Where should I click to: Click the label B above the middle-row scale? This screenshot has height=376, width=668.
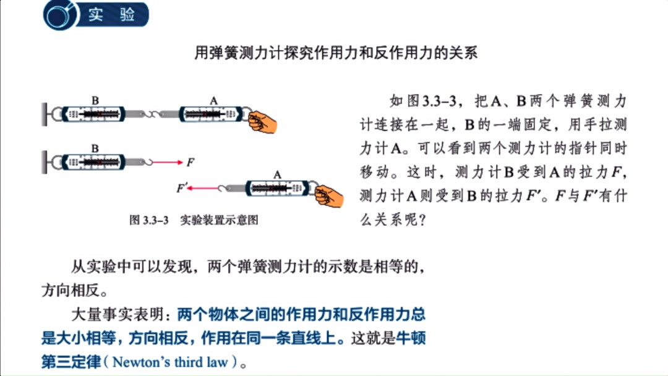click(95, 148)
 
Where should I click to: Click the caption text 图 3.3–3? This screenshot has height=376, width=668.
click(149, 220)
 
